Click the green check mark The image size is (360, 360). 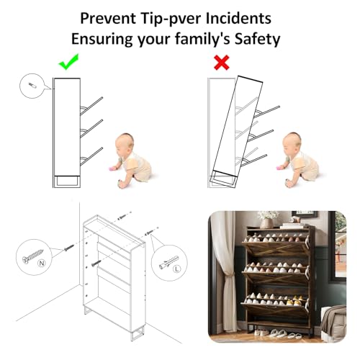[x=68, y=63]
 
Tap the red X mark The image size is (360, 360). [x=222, y=63]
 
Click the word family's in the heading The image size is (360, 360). [x=202, y=39]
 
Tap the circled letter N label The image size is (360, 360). [x=42, y=264]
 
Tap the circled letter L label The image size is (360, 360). [x=177, y=269]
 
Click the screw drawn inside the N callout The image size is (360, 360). [x=32, y=256]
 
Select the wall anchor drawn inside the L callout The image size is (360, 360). [x=168, y=262]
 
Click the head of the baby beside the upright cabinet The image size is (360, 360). [x=124, y=143]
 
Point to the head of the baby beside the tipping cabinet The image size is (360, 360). [x=292, y=143]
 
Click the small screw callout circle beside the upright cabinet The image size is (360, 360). [x=32, y=86]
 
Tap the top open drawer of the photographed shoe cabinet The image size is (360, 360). [x=275, y=245]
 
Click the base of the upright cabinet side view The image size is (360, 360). [x=67, y=181]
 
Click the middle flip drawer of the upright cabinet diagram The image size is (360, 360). [x=91, y=129]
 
